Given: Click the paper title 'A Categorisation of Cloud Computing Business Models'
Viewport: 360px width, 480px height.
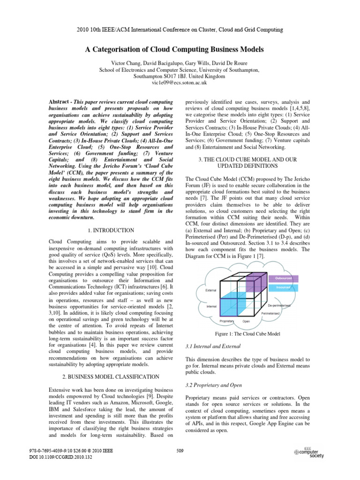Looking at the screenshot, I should pyautogui.click(x=180, y=49).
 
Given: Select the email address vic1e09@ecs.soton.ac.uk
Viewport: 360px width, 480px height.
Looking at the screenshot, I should pyautogui.click(x=180, y=82).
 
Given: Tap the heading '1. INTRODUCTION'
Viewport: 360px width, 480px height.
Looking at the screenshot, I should pyautogui.click(x=111, y=230).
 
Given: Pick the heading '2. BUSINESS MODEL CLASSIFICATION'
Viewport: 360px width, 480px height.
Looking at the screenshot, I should pyautogui.click(x=111, y=376).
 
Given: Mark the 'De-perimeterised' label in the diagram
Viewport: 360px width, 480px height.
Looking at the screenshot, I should pyautogui.click(x=281, y=305).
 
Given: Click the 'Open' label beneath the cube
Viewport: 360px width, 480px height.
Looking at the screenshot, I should pyautogui.click(x=246, y=322).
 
